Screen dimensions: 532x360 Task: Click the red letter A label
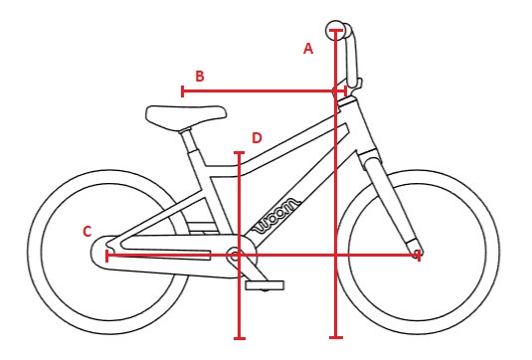click(308, 48)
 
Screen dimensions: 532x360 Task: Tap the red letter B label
click(200, 76)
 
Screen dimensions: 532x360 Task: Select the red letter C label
click(88, 232)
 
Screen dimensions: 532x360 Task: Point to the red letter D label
click(257, 138)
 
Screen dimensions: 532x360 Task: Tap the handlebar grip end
click(336, 27)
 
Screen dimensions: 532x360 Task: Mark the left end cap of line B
click(182, 91)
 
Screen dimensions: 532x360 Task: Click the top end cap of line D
click(239, 153)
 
